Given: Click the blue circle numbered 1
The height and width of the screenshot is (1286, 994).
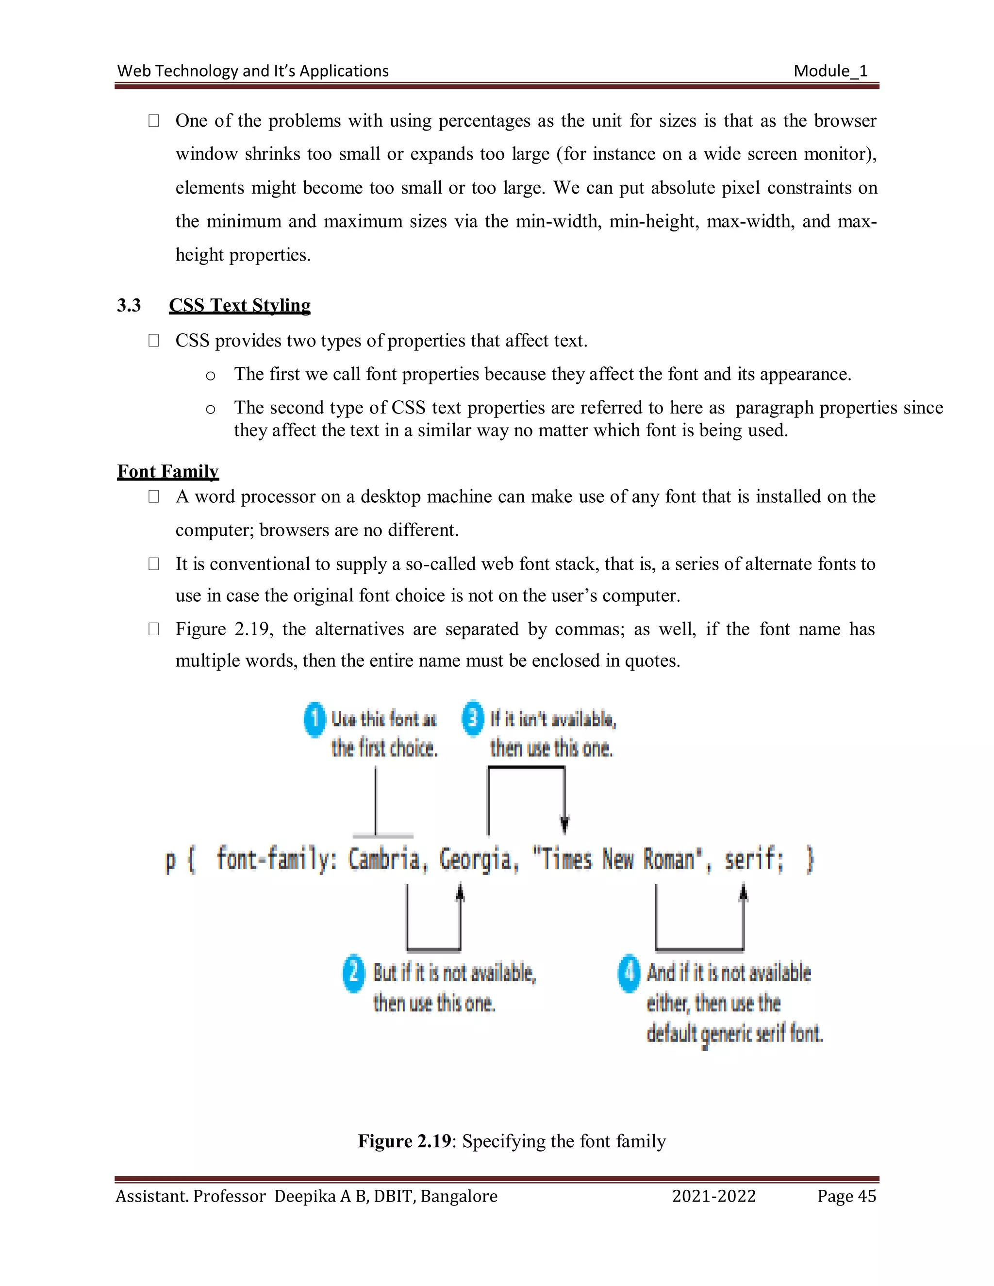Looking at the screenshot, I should coord(315,719).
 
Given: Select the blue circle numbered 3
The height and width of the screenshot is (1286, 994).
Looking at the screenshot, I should coord(472,718).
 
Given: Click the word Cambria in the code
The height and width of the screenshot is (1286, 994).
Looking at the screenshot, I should coord(384,860).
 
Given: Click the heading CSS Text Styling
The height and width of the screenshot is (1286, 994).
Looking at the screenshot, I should coord(239,305).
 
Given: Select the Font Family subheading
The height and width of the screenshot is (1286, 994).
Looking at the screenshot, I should coord(168,471).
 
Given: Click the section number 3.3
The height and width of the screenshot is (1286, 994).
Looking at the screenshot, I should coord(129,305).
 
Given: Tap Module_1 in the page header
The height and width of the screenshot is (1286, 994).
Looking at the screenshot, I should coord(830,71).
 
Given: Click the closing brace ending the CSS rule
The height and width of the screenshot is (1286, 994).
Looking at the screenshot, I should coord(810,860).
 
